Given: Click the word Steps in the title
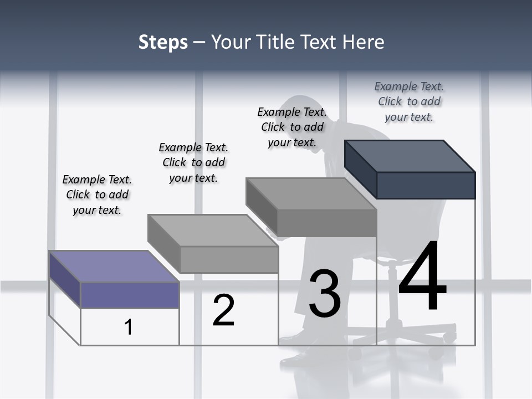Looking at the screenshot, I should [x=163, y=42].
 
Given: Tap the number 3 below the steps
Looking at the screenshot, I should [x=325, y=294].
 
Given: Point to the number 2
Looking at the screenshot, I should [x=224, y=310].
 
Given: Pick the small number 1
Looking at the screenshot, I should [x=129, y=327].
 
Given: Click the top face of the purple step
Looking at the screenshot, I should [x=114, y=267].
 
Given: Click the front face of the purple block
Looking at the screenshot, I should [x=130, y=295].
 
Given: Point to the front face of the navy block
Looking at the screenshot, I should [x=426, y=185].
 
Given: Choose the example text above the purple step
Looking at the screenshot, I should [x=97, y=195].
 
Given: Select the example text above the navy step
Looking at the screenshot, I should [x=409, y=101].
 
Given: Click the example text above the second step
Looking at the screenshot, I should [x=193, y=162].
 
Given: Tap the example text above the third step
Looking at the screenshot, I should [x=292, y=127].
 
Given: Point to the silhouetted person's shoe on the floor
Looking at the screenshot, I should [x=299, y=360].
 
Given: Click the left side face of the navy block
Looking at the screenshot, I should [x=360, y=169].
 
